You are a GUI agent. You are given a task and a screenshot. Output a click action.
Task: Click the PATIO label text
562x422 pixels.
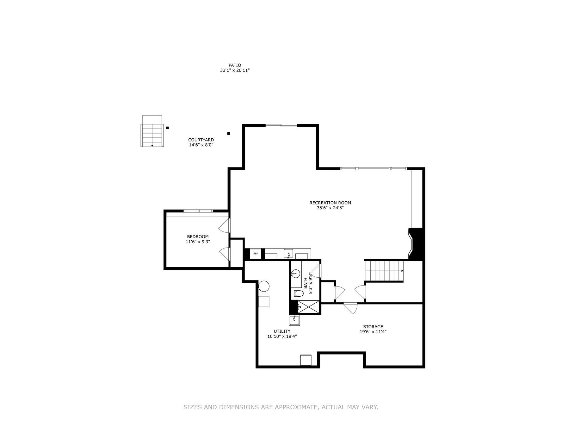235,65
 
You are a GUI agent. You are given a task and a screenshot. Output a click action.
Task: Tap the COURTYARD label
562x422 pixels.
201,140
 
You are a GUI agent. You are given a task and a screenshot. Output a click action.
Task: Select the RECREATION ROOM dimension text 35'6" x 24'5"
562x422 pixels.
330,208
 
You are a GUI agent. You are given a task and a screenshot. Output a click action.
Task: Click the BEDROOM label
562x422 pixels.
198,236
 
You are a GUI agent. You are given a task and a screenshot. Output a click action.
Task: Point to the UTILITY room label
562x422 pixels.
282,331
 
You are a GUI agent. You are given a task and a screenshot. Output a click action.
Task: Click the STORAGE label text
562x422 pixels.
373,326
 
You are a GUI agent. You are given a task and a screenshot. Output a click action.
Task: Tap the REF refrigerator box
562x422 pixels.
255,254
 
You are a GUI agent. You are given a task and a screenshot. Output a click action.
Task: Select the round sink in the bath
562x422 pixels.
295,273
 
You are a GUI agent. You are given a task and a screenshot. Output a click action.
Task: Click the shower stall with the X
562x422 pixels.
309,307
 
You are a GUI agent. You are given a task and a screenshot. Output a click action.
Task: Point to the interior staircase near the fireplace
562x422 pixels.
384,271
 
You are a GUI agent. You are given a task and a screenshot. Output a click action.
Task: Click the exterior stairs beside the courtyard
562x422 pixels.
152,135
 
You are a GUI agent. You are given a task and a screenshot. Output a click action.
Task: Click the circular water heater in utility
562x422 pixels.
264,286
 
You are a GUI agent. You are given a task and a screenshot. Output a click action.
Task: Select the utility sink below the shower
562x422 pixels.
294,320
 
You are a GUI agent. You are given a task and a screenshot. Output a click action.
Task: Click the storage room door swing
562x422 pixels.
350,308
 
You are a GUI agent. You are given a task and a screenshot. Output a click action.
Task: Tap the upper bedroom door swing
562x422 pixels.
225,225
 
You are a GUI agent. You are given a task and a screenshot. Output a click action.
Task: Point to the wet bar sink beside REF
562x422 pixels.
288,254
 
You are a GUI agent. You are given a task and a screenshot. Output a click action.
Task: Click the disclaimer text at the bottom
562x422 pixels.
281,407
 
